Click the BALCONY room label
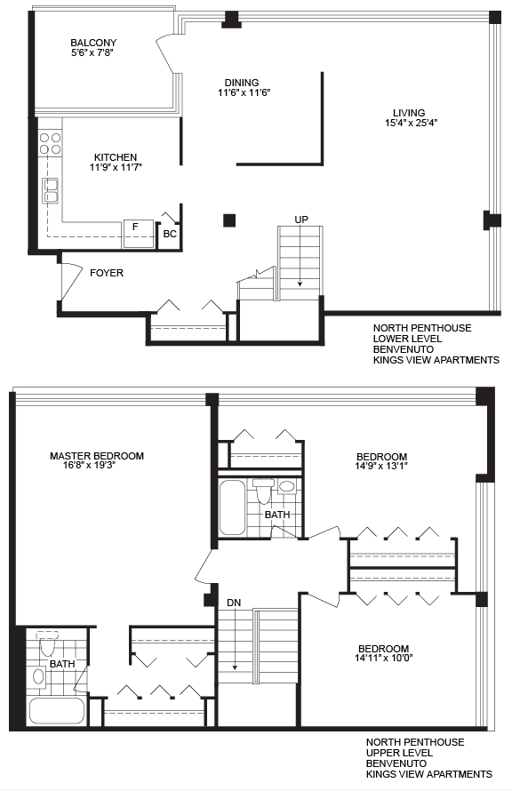93,43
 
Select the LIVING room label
409,113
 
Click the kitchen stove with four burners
50,143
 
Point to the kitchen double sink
50,191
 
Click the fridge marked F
139,234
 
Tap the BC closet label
170,234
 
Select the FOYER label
107,273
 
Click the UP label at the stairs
301,220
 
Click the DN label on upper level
234,603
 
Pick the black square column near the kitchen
229,220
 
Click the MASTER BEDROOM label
97,456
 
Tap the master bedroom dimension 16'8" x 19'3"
90,466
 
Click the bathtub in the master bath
57,711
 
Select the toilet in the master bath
48,643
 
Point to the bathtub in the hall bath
233,507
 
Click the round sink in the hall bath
286,487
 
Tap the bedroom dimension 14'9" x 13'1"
380,467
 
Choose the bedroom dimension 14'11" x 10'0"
384,658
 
